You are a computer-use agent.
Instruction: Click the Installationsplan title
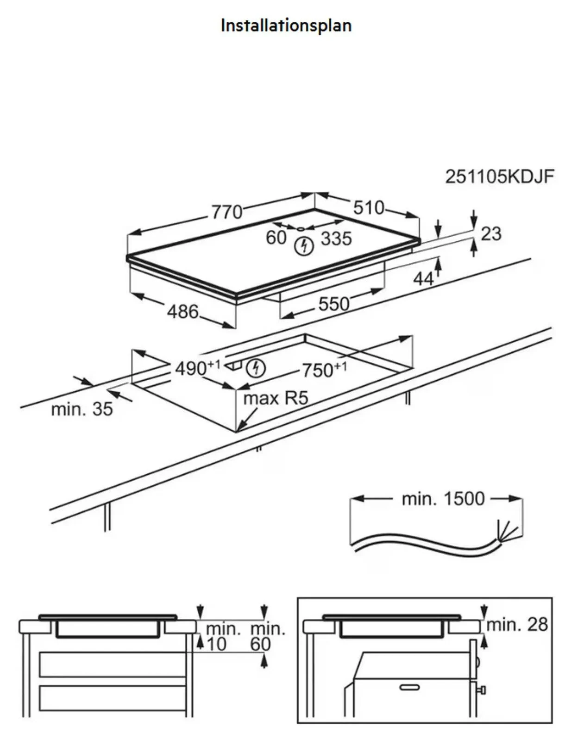(286, 26)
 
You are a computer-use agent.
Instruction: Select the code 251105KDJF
(499, 177)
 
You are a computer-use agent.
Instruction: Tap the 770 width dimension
(227, 212)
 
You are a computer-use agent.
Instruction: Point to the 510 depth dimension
(369, 207)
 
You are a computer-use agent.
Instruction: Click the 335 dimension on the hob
(337, 239)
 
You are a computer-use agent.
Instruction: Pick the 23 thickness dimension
(491, 234)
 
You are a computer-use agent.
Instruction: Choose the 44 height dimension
(423, 279)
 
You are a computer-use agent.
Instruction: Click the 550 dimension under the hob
(334, 304)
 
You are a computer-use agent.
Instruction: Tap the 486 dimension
(183, 312)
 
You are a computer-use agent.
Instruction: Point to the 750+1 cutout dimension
(325, 370)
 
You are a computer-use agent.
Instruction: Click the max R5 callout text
(276, 398)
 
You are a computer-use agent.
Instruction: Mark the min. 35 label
(82, 409)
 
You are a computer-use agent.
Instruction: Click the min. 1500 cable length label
(443, 498)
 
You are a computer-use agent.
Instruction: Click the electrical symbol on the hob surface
(304, 246)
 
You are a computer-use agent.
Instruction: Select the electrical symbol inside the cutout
(256, 368)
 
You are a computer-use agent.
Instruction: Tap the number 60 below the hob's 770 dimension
(276, 238)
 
